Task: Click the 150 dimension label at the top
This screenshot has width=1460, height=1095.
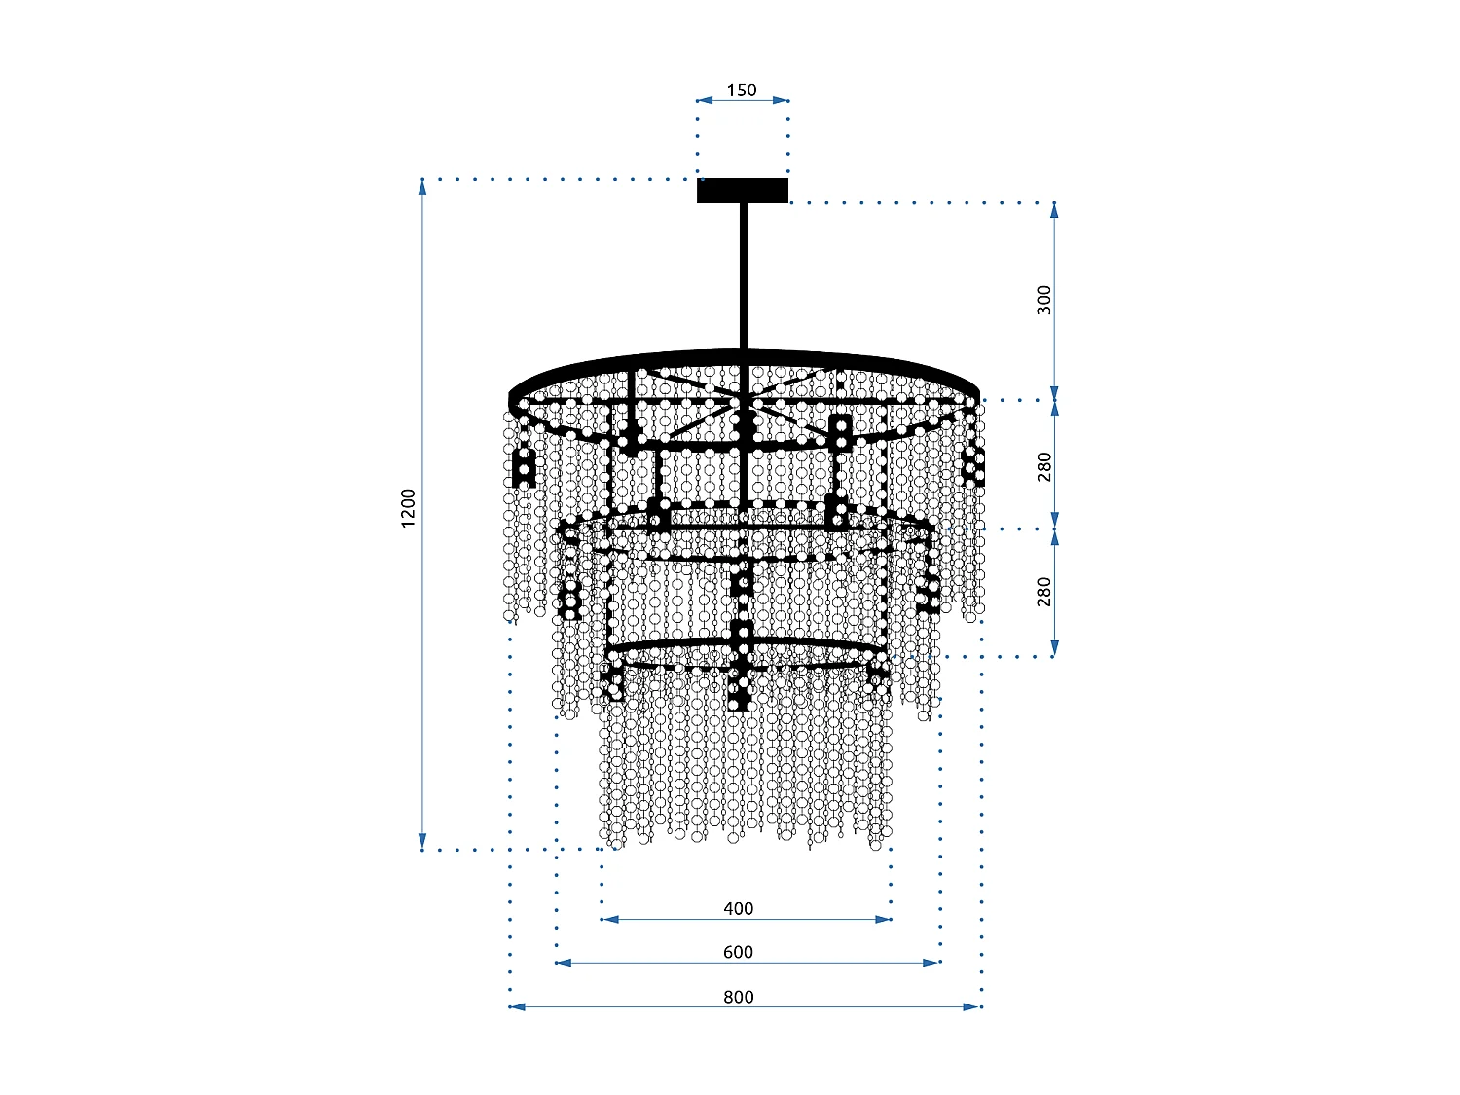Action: (x=741, y=90)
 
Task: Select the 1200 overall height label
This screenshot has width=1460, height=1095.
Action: (x=409, y=508)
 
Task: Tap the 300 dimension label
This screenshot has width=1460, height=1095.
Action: (x=1044, y=300)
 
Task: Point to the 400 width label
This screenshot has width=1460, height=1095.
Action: (x=738, y=908)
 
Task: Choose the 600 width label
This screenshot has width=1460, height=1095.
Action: (x=738, y=952)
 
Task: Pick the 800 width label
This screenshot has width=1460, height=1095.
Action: (x=738, y=996)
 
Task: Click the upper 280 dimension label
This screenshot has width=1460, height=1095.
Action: (x=1044, y=466)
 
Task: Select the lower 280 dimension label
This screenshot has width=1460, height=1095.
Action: (x=1044, y=591)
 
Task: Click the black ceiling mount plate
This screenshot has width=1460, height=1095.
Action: (x=742, y=191)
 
